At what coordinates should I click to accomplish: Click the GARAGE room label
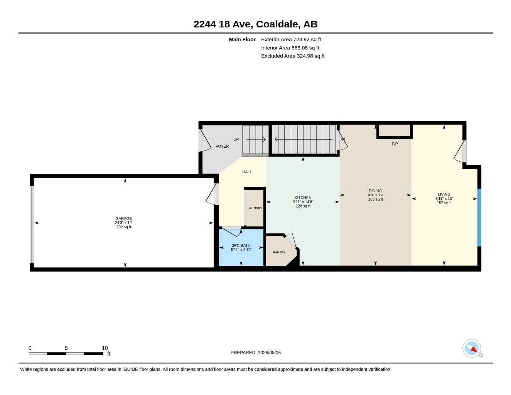123,218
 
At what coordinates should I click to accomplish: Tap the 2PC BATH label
241,245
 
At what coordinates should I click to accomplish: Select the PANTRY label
279,252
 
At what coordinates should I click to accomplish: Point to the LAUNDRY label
255,208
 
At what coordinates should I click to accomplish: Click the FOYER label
222,146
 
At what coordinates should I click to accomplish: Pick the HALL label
247,172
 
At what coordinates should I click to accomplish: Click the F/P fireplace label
395,144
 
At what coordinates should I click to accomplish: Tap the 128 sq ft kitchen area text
303,206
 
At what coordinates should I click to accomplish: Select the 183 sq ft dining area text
375,199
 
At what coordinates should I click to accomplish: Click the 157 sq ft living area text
444,203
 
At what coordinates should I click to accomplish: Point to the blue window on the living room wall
479,218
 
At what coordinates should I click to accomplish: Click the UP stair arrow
256,140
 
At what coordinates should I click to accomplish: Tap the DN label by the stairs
342,139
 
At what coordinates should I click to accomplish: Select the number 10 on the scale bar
105,348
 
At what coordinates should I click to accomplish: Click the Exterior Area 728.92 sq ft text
291,39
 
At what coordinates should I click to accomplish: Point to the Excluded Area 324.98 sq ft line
293,56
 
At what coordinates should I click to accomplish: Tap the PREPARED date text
256,353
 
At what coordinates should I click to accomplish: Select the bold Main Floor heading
242,39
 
